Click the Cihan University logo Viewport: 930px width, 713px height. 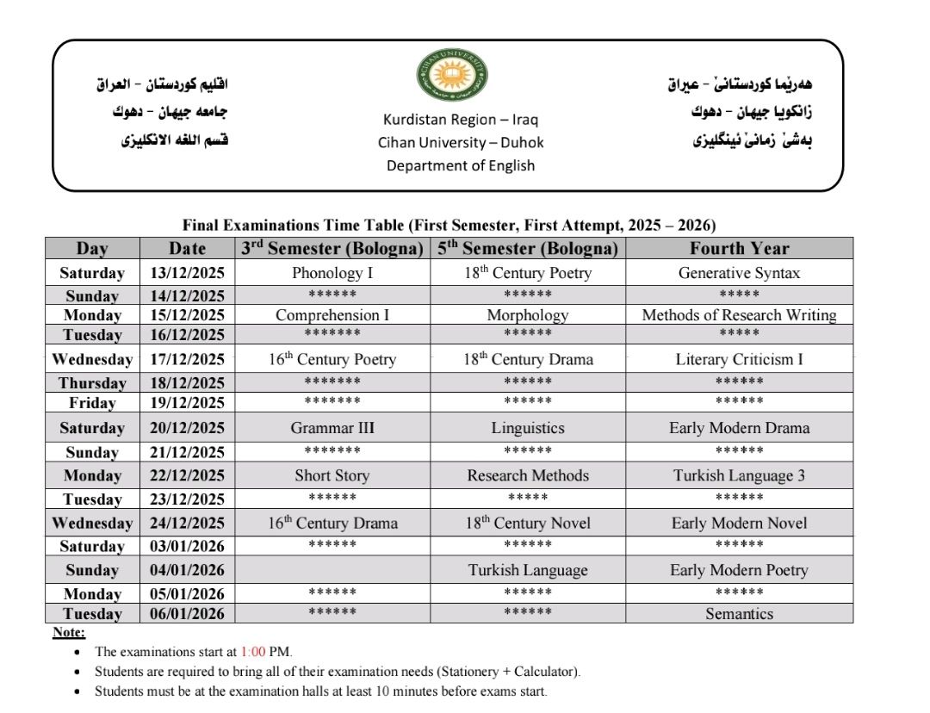click(x=453, y=76)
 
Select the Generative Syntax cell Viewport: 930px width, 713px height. click(x=739, y=273)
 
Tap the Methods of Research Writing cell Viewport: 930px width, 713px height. click(x=739, y=315)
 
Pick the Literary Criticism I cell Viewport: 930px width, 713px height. click(x=739, y=359)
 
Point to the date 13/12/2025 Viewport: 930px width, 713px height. click(x=187, y=273)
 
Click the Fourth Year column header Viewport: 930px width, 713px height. click(x=739, y=248)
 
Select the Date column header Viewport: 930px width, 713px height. click(x=187, y=248)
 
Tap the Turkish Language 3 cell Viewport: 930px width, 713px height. click(x=739, y=475)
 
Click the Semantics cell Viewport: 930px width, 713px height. click(x=739, y=614)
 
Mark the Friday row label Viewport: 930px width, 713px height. click(x=92, y=403)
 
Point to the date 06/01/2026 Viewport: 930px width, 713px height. click(x=187, y=614)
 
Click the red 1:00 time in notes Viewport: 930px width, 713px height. click(x=253, y=652)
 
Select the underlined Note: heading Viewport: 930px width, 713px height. click(x=69, y=633)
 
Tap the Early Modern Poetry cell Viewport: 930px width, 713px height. click(x=739, y=570)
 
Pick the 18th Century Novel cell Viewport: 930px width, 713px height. click(x=528, y=523)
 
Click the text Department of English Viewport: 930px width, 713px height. click(x=460, y=165)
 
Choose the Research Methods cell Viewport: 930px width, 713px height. click(x=528, y=475)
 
